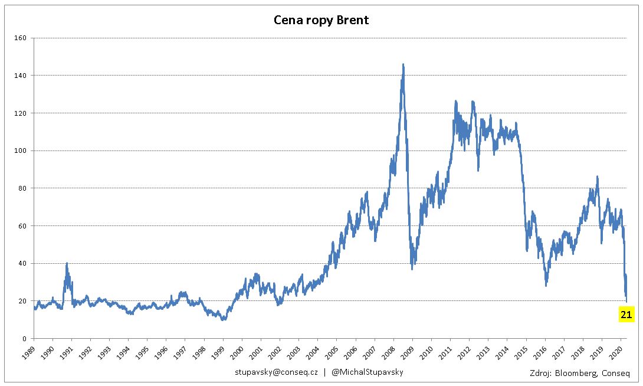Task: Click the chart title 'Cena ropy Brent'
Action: [321, 20]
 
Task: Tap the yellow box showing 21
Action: [626, 315]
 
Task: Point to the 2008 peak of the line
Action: [403, 64]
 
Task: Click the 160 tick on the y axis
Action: [20, 38]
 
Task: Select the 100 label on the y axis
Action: [20, 151]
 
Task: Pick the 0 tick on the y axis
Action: [25, 338]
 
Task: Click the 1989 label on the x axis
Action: [29, 352]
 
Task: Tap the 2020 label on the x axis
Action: [616, 352]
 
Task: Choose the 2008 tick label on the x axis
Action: [389, 352]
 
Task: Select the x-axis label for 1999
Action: [218, 352]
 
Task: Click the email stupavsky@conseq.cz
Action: [277, 372]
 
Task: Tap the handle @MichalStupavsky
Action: [368, 372]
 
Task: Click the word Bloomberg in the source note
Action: [576, 373]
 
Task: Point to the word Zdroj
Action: [540, 373]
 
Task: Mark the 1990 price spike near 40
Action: [67, 264]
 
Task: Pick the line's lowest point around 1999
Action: [222, 319]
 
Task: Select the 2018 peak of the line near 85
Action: [598, 177]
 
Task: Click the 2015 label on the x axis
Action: [521, 352]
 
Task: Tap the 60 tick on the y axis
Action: [22, 225]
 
